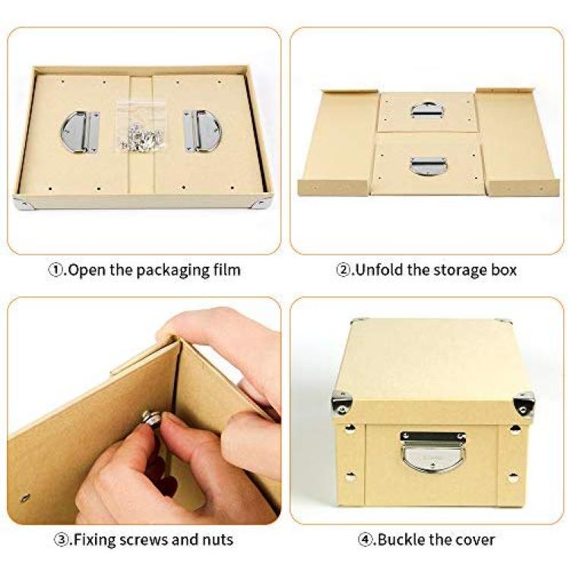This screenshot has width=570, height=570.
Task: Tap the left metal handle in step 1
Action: [x=80, y=131]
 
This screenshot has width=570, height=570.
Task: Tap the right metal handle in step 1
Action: [x=202, y=131]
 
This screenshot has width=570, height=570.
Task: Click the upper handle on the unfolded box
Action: [x=427, y=110]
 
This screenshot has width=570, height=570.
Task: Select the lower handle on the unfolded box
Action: [x=428, y=166]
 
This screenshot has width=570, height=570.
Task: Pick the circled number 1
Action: [x=55, y=270]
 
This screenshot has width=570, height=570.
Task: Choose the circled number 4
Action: [x=365, y=540]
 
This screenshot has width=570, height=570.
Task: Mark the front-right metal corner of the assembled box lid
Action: [x=524, y=404]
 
